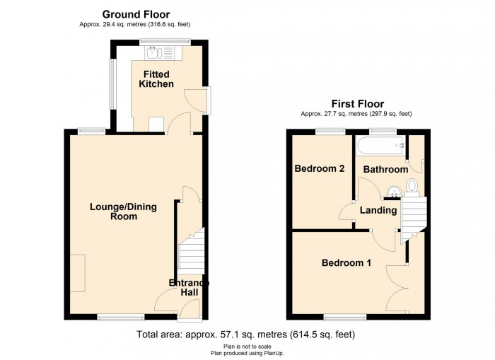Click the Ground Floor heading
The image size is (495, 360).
pos(136,15)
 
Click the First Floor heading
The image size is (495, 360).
pos(358,103)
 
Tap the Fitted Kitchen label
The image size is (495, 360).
pos(156,79)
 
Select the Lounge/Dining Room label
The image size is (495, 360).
pos(124,211)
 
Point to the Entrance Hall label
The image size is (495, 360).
pos(189,287)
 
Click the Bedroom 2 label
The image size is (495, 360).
pos(320,168)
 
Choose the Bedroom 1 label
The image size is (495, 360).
pos(346,262)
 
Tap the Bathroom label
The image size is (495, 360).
pos(385,169)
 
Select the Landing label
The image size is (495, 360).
pos(378,210)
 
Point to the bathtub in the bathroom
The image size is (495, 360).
pos(380,146)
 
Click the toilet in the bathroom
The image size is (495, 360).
pos(412,185)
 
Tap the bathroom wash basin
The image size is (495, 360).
pos(393,192)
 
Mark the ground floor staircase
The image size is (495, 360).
pos(191,252)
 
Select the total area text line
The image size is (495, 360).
pos(246,334)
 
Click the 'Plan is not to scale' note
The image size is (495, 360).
pos(248,347)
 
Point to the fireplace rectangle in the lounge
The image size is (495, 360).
pos(78,273)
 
